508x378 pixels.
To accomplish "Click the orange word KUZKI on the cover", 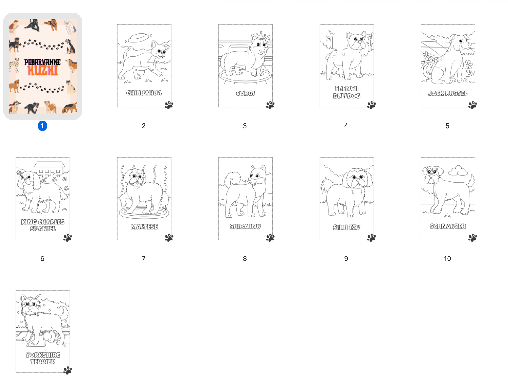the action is (x=43, y=70).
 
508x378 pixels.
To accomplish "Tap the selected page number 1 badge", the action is (x=42, y=126).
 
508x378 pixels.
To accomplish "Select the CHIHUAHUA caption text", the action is (x=144, y=93).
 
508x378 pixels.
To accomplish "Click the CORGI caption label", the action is (x=245, y=93).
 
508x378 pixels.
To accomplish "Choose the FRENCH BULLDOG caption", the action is (x=347, y=92).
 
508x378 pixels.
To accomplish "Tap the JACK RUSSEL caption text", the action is (x=448, y=93).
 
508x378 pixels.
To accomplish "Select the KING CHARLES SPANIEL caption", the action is (x=43, y=225).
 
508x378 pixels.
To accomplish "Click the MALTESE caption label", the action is (x=144, y=227).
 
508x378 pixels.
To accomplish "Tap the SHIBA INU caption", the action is (x=245, y=226).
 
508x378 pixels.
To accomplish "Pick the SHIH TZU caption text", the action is (x=347, y=227).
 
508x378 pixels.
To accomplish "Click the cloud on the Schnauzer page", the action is (x=458, y=171).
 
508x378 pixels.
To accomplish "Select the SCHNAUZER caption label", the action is (x=448, y=226).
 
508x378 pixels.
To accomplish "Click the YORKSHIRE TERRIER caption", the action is (x=43, y=358).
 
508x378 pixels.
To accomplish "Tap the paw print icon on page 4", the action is (x=371, y=105).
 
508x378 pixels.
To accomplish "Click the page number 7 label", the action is (x=143, y=259).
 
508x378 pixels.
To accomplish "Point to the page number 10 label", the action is (x=447, y=259).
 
